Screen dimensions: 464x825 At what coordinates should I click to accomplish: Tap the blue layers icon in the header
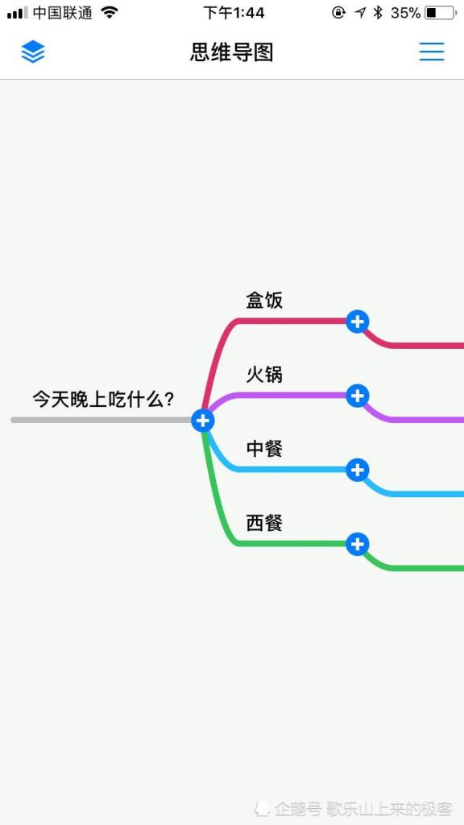point(33,52)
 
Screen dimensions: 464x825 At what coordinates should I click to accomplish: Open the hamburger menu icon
point(432,52)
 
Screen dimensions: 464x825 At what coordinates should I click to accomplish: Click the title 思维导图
point(232,52)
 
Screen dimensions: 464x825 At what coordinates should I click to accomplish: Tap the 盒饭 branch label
point(264,300)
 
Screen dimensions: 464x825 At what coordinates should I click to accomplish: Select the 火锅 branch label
point(264,374)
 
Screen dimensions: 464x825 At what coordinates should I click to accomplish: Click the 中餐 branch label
point(264,448)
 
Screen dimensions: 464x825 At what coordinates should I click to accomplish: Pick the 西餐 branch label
point(264,522)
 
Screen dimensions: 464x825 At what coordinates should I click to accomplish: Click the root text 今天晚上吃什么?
point(103,400)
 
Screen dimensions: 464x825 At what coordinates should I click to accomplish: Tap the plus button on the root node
point(203,420)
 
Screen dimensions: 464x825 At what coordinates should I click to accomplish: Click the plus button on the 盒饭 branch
point(357,321)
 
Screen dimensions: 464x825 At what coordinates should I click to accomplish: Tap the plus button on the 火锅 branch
point(357,395)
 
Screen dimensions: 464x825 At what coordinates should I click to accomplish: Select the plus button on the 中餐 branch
point(357,470)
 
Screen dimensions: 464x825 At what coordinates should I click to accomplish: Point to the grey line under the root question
point(101,420)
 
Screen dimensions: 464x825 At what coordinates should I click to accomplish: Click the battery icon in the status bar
point(441,13)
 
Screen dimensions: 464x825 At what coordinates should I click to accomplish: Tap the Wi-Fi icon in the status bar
point(110,12)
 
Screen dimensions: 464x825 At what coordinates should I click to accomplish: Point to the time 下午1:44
point(234,13)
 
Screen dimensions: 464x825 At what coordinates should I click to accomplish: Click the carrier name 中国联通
point(63,13)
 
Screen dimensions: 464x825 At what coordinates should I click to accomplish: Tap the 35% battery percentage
point(406,13)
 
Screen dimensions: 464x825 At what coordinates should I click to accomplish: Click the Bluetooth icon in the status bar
point(378,13)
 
